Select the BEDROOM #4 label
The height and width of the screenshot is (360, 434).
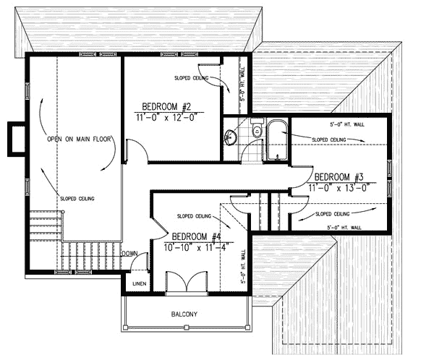(197, 236)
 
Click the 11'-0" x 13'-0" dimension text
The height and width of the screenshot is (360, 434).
(338, 187)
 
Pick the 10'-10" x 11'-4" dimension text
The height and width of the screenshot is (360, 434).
(196, 248)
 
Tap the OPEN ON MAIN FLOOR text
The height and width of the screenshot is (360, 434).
(80, 140)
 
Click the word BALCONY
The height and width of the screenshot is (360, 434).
(185, 314)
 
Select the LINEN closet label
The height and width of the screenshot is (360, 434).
(139, 283)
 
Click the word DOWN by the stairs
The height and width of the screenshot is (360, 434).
(130, 253)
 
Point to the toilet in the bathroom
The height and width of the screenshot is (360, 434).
(257, 131)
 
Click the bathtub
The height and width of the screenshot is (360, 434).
(278, 140)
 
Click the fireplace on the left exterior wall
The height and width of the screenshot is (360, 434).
(14, 137)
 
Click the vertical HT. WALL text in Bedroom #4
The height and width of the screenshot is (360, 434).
(243, 265)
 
